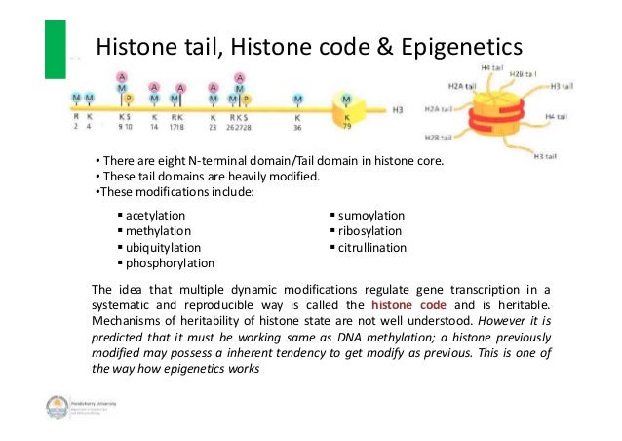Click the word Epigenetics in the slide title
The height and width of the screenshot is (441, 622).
(x=449, y=45)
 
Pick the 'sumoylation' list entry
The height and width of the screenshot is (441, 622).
(x=371, y=215)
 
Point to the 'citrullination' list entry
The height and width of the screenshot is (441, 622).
(x=373, y=248)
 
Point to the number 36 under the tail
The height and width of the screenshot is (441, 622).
(x=298, y=126)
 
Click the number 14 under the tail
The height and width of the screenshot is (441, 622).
(x=154, y=126)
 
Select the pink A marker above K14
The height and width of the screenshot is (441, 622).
(x=154, y=88)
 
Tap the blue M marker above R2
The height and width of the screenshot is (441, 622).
(x=76, y=99)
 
